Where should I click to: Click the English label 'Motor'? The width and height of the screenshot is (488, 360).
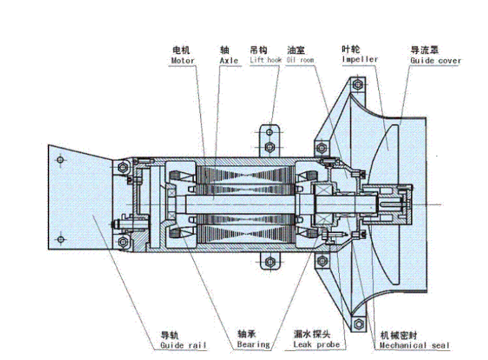[182, 61]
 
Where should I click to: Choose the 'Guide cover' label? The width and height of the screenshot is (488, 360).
[435, 61]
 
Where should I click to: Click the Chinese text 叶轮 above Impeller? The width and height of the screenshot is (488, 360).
[351, 49]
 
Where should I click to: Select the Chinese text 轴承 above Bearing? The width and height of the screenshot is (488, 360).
[246, 334]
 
